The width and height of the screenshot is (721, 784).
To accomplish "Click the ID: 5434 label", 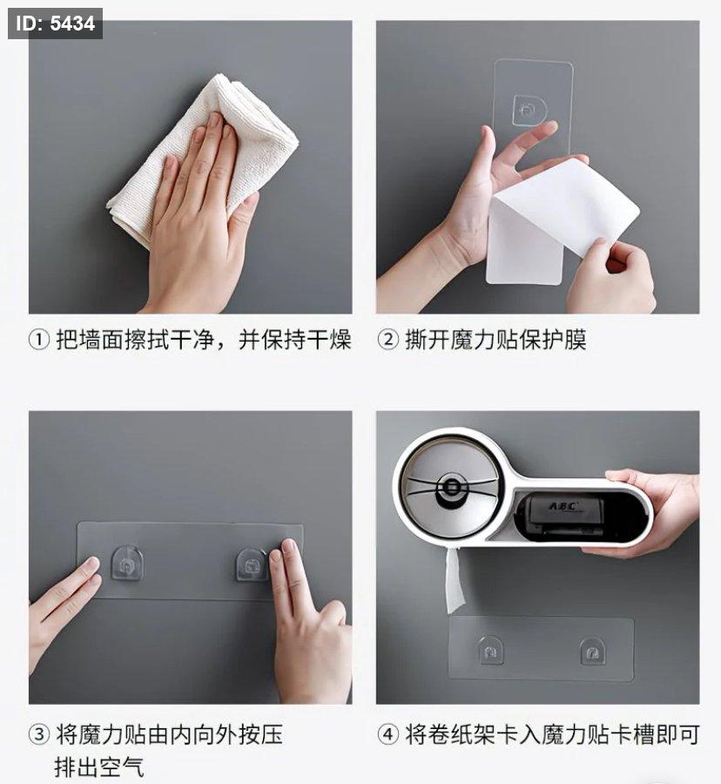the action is [x=55, y=24].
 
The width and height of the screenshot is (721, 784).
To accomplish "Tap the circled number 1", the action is [x=38, y=340].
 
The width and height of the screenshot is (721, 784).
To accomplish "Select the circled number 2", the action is [x=387, y=340].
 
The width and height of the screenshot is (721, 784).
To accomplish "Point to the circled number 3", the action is [x=38, y=734].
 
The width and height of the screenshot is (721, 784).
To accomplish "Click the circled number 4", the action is [x=387, y=734].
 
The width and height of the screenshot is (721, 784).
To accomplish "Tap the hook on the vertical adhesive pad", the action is [x=529, y=109].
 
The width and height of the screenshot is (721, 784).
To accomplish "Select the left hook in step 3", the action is [x=126, y=564].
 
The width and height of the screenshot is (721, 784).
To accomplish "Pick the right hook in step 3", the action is [x=253, y=564].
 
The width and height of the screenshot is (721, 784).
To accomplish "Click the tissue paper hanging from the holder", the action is [x=454, y=580].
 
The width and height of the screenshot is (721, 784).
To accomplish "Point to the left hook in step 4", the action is [x=491, y=650].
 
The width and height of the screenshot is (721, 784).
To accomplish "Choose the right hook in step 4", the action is [x=593, y=651].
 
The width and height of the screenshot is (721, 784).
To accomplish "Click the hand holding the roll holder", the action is [x=650, y=512].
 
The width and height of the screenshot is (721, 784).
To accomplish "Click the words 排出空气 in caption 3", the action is [x=99, y=767].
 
